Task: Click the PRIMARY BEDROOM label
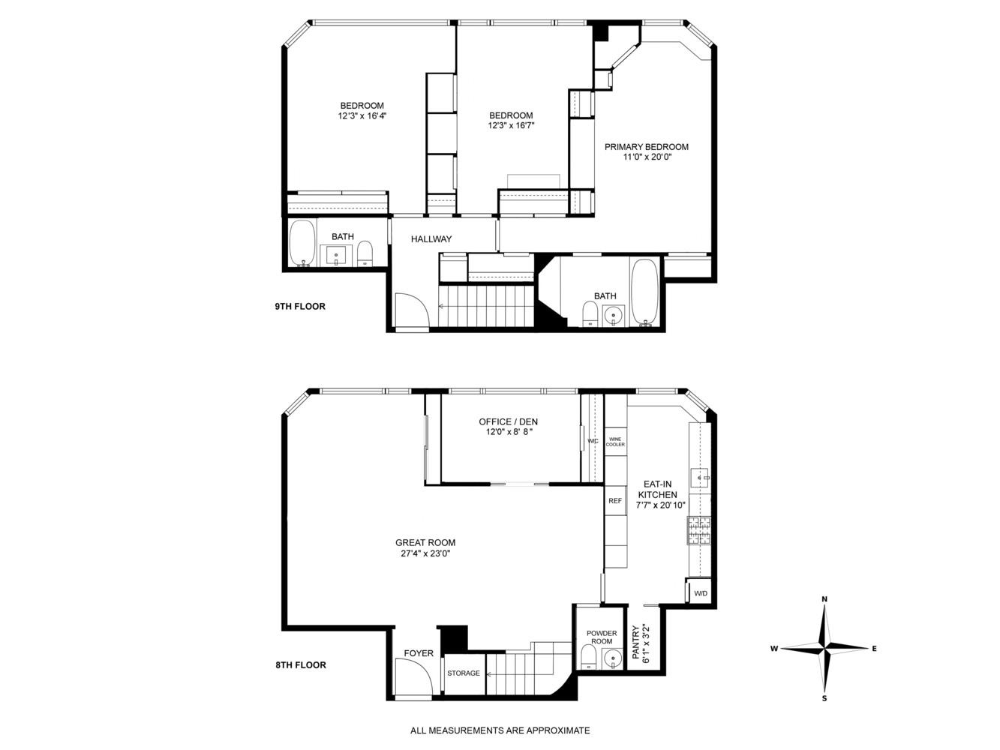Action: coord(646,147)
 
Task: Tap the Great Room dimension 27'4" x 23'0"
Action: coord(425,554)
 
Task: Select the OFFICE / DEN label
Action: coord(508,421)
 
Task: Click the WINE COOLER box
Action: coord(615,442)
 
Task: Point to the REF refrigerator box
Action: coord(615,501)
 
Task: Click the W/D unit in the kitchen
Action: coord(700,593)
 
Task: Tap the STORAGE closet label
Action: coord(464,673)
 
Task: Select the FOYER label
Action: coord(419,653)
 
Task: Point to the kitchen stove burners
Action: coord(699,530)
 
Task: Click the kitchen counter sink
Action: coord(700,475)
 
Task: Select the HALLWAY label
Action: coord(431,239)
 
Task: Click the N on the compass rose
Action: coord(824,599)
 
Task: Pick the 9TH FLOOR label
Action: coord(300,306)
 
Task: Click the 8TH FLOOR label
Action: coord(300,664)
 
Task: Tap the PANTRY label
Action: coord(635,643)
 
